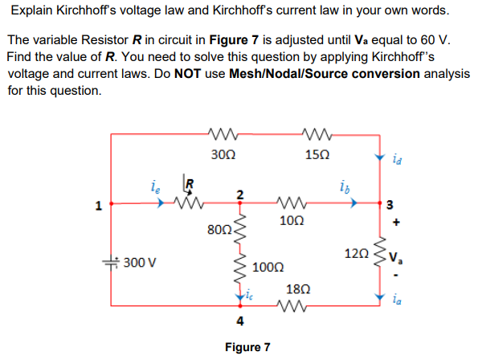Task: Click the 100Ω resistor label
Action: pyautogui.click(x=268, y=266)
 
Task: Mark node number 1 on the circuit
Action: pyautogui.click(x=98, y=206)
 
